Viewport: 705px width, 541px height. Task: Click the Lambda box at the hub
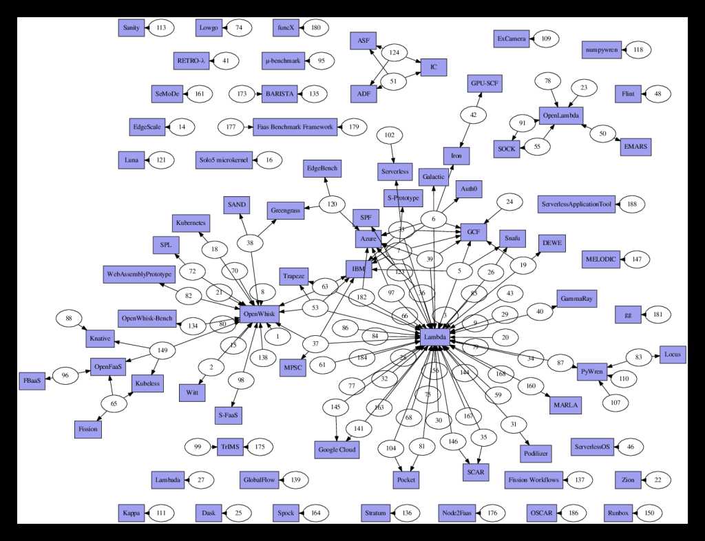click(434, 338)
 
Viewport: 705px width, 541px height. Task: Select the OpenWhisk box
click(259, 313)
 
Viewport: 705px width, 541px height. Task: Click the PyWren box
click(591, 368)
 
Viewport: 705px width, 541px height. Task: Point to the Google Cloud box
click(337, 449)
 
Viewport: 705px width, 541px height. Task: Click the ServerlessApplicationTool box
click(577, 204)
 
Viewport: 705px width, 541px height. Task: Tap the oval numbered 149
click(163, 350)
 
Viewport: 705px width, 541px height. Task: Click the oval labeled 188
click(631, 204)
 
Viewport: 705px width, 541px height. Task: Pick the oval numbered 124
click(394, 52)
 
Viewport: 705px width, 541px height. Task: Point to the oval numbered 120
click(333, 204)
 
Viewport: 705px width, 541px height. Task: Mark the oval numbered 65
click(114, 403)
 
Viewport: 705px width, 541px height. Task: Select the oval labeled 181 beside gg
click(657, 315)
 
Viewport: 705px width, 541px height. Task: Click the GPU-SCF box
click(485, 83)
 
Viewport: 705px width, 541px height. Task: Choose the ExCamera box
click(512, 39)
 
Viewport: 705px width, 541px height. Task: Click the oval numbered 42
click(473, 115)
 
